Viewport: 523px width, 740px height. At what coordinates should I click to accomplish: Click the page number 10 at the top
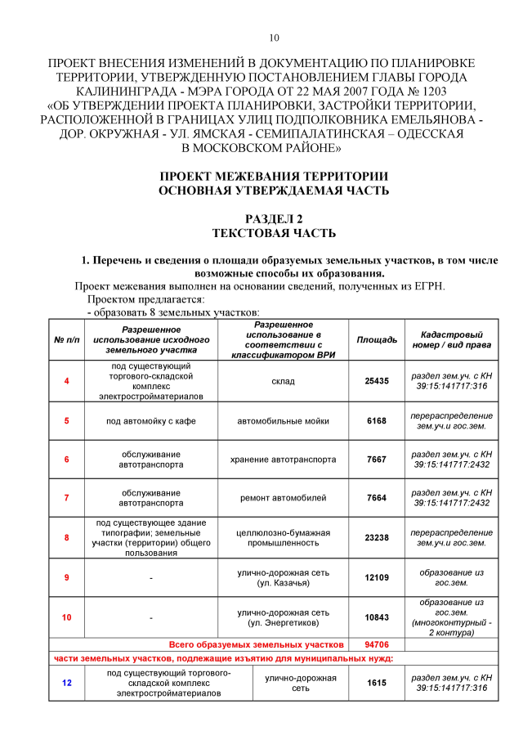[x=274, y=38]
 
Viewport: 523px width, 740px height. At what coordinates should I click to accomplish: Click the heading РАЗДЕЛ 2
[x=274, y=219]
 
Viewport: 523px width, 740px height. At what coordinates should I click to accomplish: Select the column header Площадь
[x=377, y=339]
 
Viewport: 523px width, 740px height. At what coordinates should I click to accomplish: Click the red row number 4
[x=66, y=381]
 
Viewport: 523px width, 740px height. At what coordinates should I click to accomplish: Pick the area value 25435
[x=377, y=381]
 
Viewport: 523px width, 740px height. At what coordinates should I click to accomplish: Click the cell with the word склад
[x=283, y=381]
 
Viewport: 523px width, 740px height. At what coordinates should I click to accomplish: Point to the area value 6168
[x=377, y=420]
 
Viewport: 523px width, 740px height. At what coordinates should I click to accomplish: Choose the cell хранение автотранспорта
[x=283, y=459]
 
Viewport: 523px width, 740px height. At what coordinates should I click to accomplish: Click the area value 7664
[x=377, y=498]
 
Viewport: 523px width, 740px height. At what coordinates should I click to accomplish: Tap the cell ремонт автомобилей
[x=283, y=498]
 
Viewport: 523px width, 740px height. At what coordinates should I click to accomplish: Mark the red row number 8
[x=66, y=537]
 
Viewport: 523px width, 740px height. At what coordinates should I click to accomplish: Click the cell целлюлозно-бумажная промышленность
[x=283, y=537]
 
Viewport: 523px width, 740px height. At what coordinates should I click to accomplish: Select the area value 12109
[x=377, y=577]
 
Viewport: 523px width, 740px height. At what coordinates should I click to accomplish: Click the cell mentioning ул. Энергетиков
[x=283, y=617]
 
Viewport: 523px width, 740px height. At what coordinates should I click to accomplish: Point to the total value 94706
[x=377, y=644]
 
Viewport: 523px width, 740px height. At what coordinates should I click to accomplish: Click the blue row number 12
[x=66, y=683]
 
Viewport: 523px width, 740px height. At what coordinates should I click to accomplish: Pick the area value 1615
[x=377, y=683]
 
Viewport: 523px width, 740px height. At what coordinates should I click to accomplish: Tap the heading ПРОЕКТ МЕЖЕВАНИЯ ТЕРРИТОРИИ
[x=274, y=177]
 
